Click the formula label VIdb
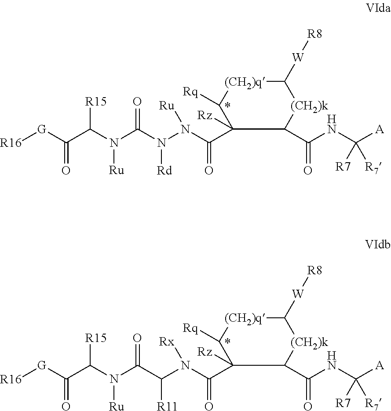point(378,245)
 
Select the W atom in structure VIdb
point(298,293)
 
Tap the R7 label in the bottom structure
point(343,402)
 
